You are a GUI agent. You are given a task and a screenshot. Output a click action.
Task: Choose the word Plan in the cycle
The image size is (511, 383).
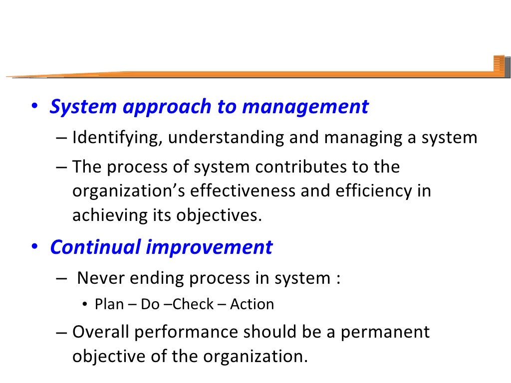pos(108,304)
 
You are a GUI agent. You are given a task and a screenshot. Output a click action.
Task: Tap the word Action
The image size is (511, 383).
pos(252,304)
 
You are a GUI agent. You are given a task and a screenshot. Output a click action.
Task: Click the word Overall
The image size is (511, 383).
pos(101,332)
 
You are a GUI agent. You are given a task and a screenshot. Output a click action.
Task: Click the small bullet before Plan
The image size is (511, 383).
pos(85,305)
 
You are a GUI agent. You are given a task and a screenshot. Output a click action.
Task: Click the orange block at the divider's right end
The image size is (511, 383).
pos(499,66)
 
